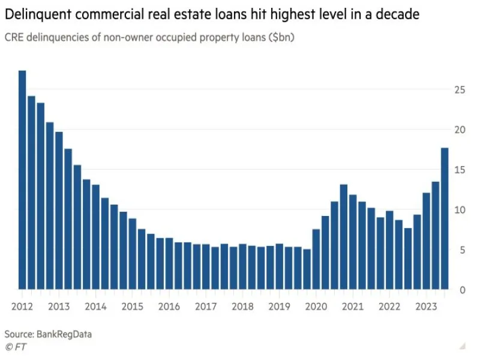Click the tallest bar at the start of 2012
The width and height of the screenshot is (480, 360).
coord(22,180)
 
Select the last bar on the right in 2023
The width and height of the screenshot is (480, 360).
coord(445,218)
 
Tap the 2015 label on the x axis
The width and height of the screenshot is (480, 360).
coord(133,307)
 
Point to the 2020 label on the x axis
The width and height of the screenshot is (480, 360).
coord(316,307)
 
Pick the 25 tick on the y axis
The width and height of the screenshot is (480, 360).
coord(460,90)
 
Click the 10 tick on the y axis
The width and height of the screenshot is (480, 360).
coord(460,210)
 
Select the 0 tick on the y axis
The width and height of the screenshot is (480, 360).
coord(463,290)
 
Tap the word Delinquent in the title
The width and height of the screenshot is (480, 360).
coord(37,13)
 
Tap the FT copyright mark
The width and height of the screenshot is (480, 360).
coord(16,347)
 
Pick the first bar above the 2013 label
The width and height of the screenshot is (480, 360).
coord(59,211)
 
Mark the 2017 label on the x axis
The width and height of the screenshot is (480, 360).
coord(206,307)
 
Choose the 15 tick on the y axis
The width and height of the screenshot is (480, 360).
coord(460,170)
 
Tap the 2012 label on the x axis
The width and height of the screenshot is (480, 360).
coord(22,307)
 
